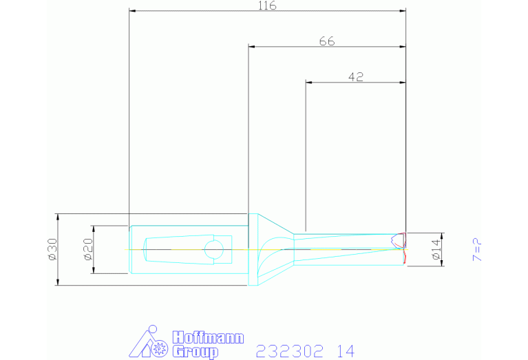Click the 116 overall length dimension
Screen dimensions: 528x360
click(267, 6)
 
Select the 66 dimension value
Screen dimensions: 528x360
click(327, 41)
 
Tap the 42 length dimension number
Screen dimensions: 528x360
click(356, 77)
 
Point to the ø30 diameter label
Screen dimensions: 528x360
click(53, 249)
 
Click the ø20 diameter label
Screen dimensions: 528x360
click(89, 249)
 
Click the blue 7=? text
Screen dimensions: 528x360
click(478, 250)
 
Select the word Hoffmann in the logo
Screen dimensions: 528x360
click(208, 337)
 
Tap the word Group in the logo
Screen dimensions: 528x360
click(196, 352)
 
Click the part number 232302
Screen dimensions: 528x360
click(290, 351)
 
